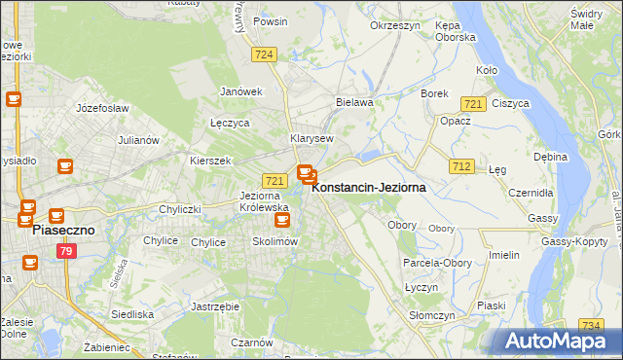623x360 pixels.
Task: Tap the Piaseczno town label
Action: [62, 232]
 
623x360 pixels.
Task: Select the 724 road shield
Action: [263, 55]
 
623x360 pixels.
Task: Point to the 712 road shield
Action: [462, 167]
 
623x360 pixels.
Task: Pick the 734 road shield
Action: [590, 325]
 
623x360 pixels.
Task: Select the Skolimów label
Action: [274, 241]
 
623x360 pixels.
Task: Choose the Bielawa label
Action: [354, 101]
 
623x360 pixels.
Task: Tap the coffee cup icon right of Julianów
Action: [65, 166]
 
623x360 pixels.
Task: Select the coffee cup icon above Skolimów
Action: [281, 220]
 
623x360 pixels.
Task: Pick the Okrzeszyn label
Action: [394, 26]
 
